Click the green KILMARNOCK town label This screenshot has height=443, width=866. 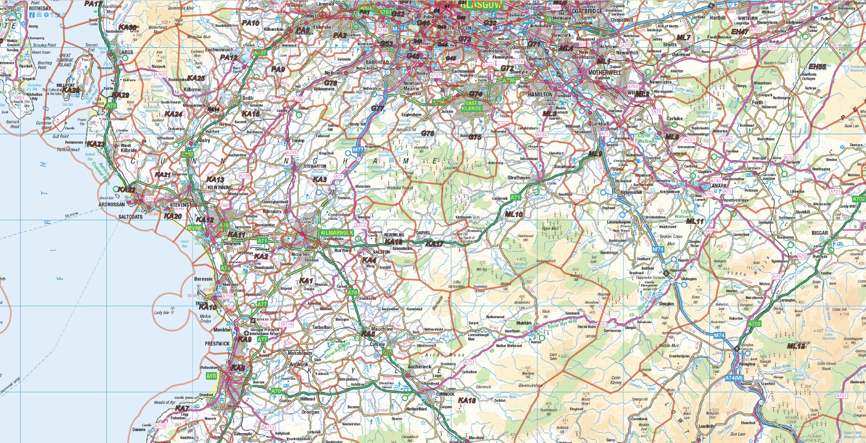click(337, 232)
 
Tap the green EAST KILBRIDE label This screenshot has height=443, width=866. click(471, 104)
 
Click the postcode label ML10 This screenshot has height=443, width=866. click(514, 214)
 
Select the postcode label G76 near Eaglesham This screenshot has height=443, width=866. click(428, 133)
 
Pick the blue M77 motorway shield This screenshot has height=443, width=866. click(358, 149)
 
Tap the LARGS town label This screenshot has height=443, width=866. click(126, 51)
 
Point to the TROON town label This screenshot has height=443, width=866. click(202, 303)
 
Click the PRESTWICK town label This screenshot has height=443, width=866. click(217, 343)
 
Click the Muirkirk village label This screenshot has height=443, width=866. click(524, 323)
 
